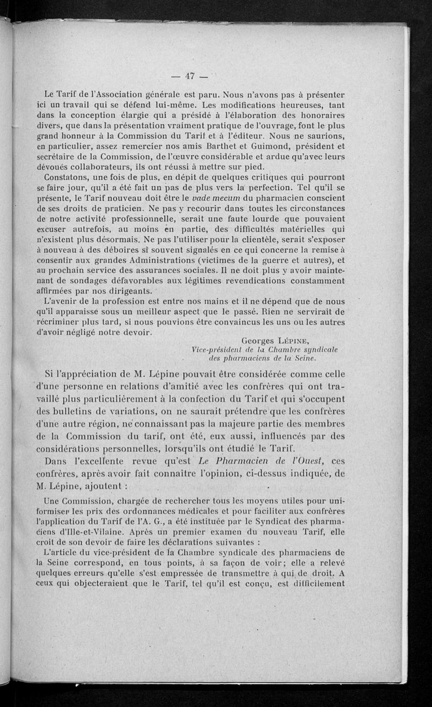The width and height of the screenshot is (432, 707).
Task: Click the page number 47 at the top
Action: pyautogui.click(x=189, y=76)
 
